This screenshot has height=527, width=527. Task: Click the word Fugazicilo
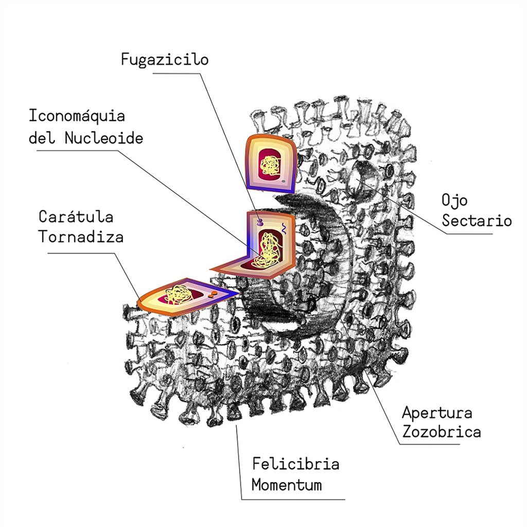165,60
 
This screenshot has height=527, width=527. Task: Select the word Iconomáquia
77,115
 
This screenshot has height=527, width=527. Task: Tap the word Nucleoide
103,138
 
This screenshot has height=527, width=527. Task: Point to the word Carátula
76,216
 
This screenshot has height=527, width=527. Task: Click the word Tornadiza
81,237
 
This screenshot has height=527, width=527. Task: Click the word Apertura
437,413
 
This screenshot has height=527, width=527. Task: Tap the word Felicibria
295,464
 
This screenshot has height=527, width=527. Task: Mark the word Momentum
287,485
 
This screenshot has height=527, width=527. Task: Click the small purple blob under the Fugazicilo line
260,222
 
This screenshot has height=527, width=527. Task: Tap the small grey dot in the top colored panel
283,182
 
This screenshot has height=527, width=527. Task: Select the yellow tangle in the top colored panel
269,165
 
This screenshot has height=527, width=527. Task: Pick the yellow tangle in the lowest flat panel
178,295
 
